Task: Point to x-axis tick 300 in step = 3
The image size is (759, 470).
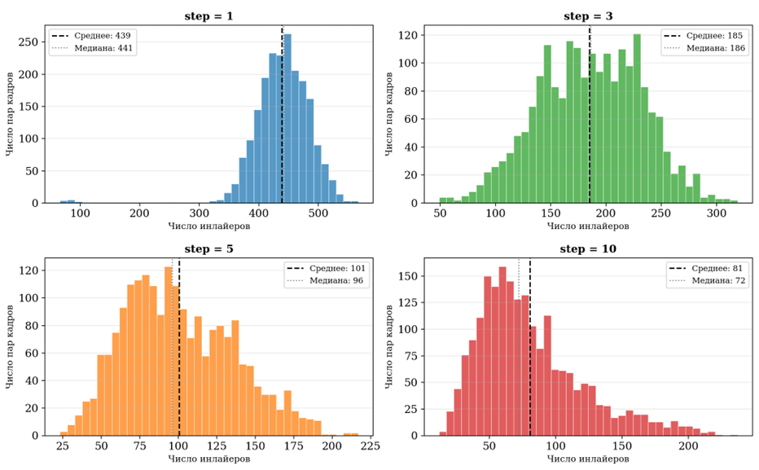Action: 716,213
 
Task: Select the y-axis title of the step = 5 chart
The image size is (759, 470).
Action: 9,348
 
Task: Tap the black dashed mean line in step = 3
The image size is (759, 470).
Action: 590,122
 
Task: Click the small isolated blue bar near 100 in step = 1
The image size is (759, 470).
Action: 71,200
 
